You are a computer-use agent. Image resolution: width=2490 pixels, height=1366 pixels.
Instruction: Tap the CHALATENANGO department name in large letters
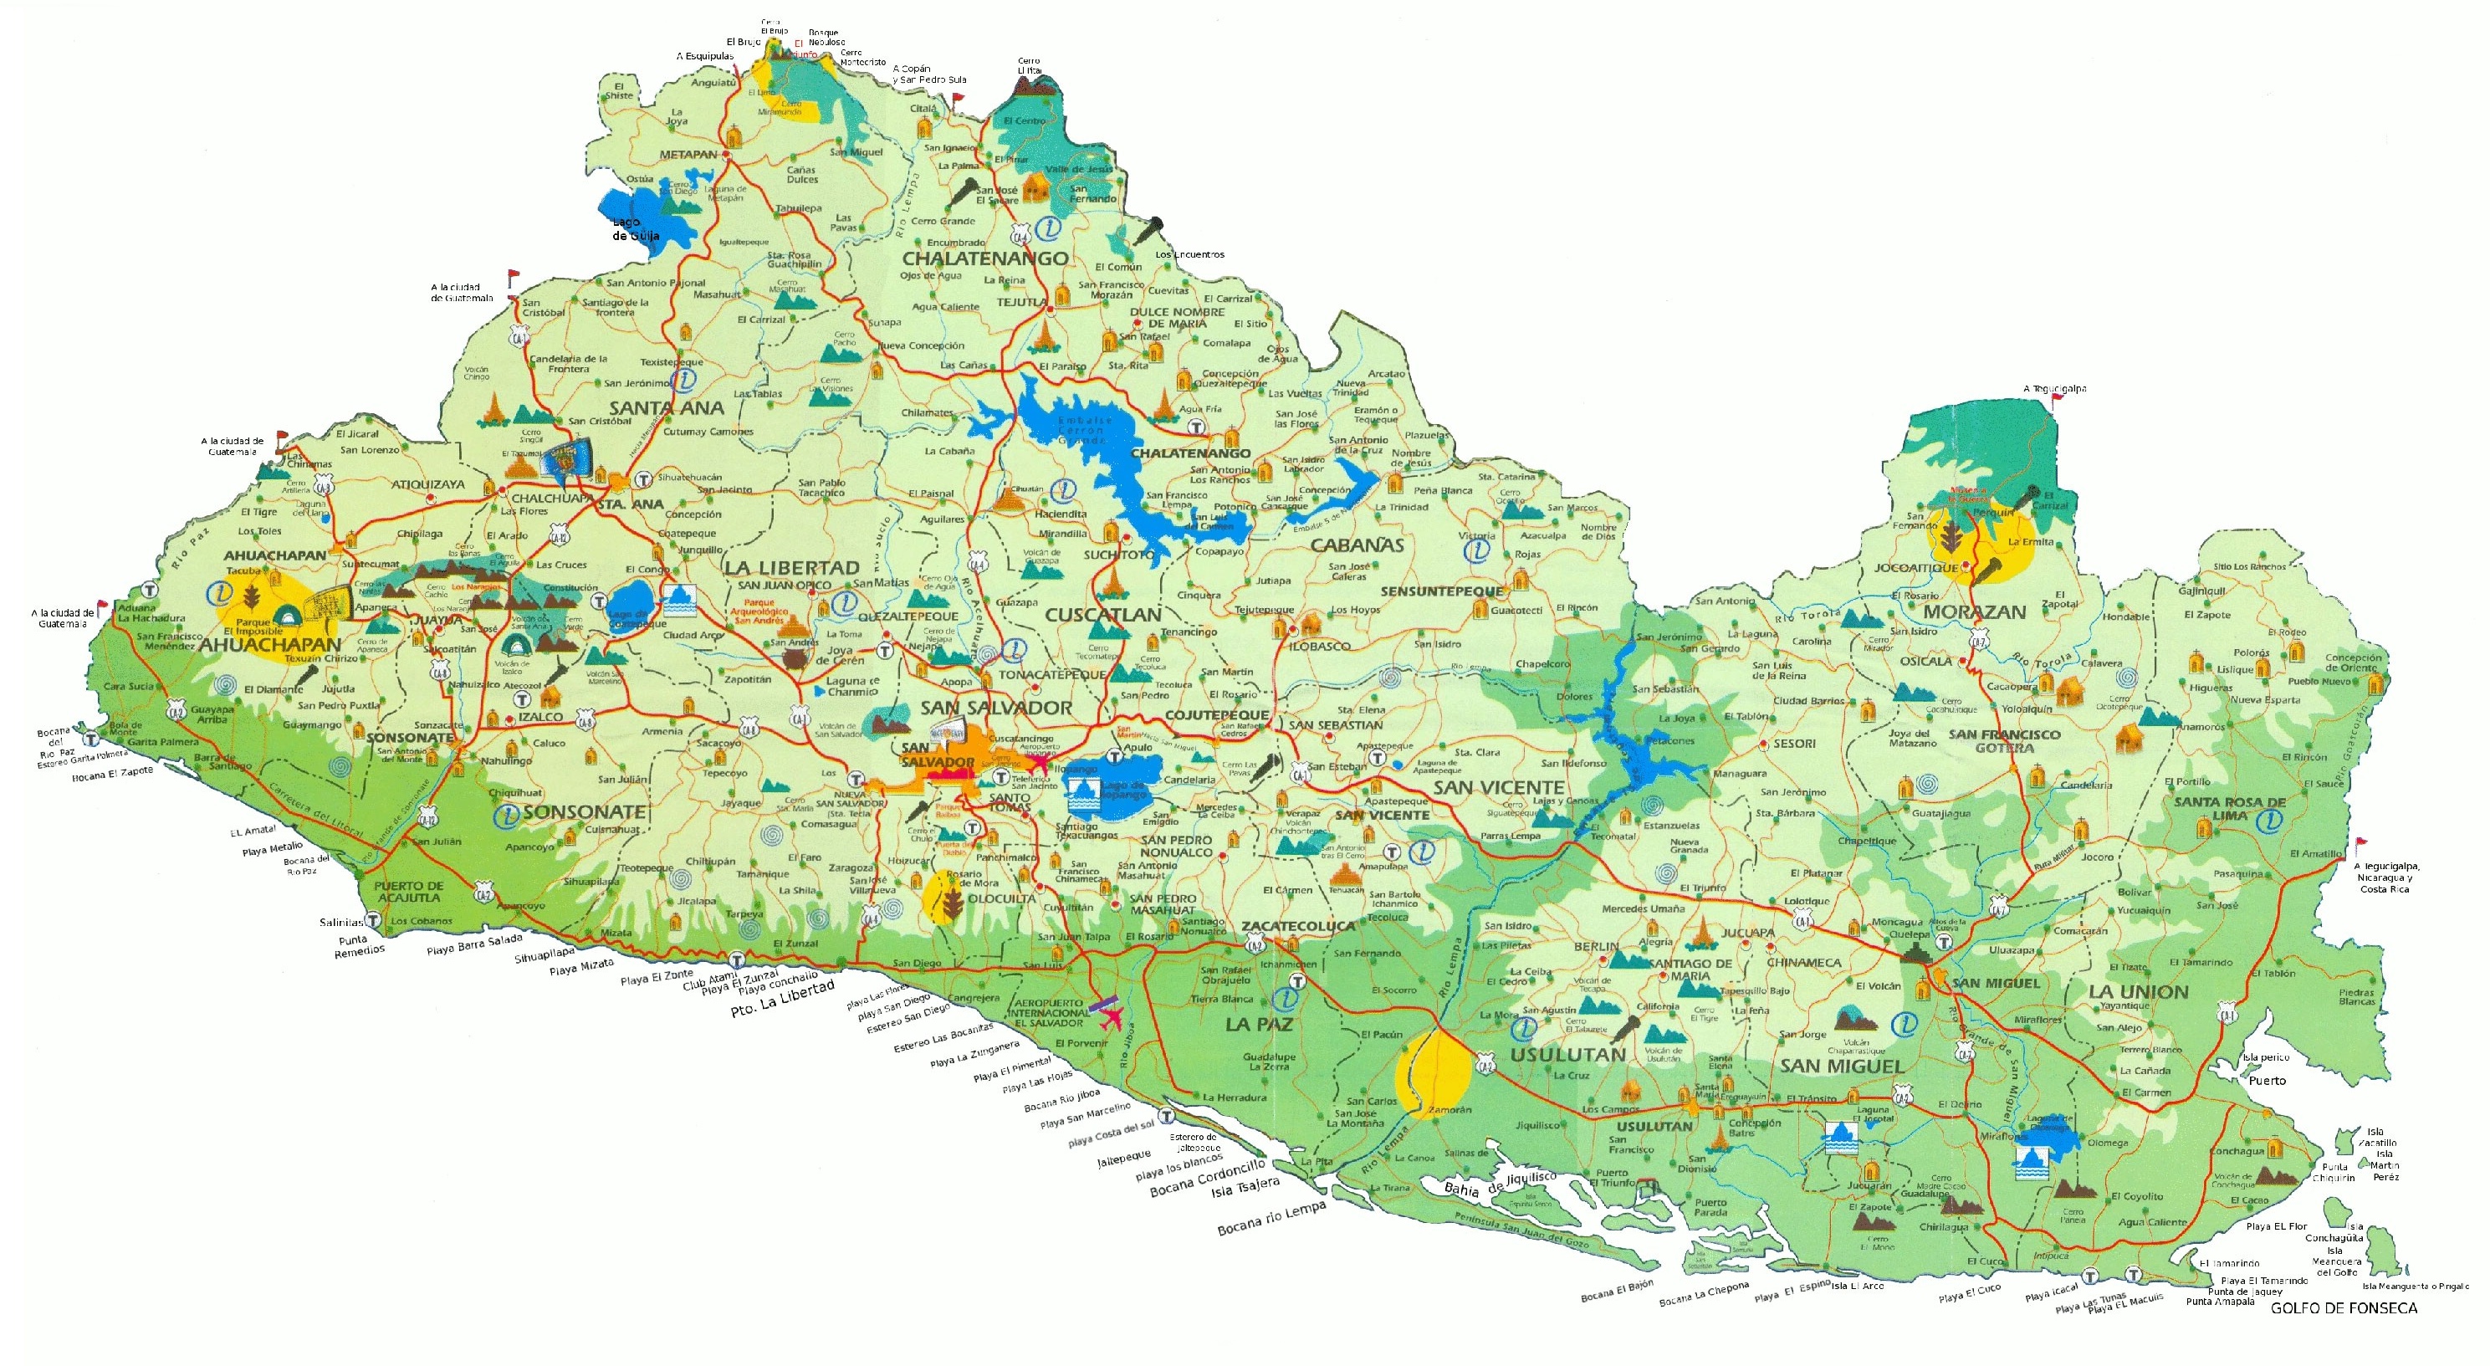click(985, 258)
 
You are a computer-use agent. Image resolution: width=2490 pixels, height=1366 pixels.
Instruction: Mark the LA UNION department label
click(2137, 992)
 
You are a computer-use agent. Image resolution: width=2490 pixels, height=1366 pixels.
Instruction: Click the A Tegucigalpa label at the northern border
click(2054, 389)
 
